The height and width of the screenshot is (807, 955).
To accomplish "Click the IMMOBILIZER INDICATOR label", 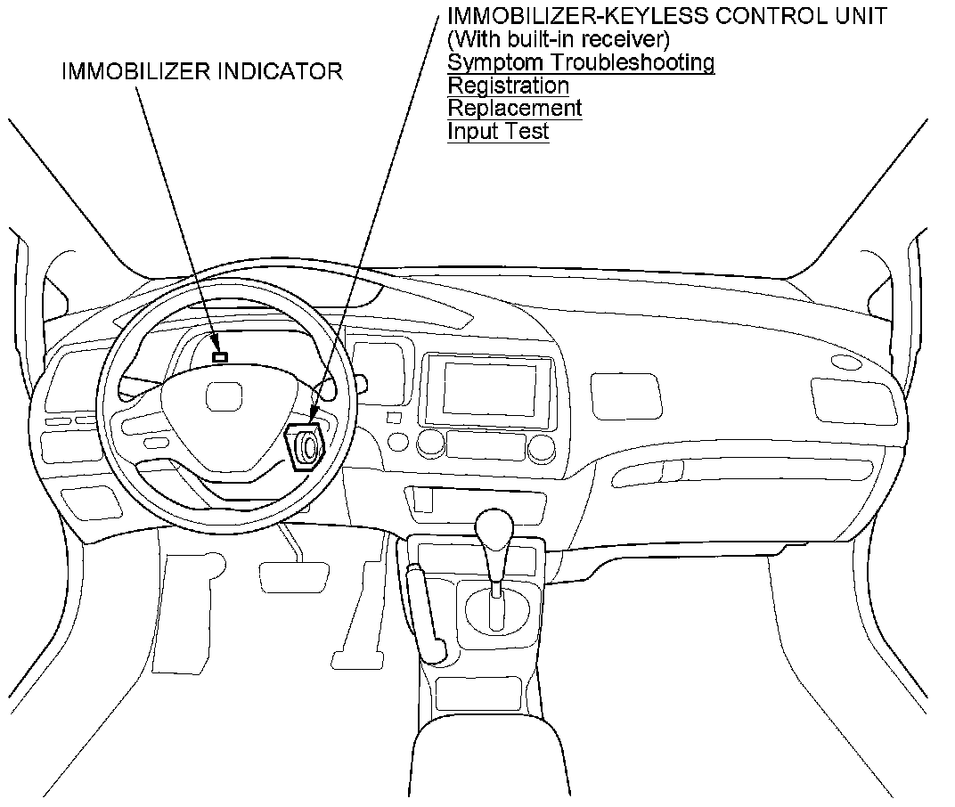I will coord(201,71).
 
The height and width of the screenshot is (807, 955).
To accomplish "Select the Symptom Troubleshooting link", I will coord(581,63).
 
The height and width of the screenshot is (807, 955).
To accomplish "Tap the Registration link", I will coord(508,86).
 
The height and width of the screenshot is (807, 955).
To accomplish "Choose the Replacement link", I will coord(514,109).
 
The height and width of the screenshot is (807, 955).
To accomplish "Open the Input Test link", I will coord(498,132).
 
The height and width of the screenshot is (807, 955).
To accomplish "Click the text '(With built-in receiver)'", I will coord(559,40).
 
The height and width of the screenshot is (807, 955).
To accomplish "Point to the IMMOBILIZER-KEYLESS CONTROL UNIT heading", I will coord(666,17).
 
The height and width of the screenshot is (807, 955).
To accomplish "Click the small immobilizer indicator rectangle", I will coord(219,357).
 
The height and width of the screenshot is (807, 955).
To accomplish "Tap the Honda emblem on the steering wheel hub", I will coord(224,396).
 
